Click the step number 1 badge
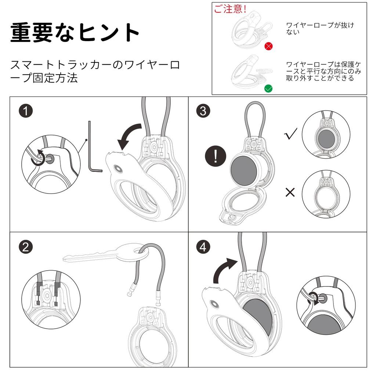point(25,111)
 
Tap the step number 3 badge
point(203,111)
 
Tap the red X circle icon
point(269,46)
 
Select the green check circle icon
point(268,88)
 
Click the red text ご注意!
point(230,9)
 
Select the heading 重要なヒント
point(75,33)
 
